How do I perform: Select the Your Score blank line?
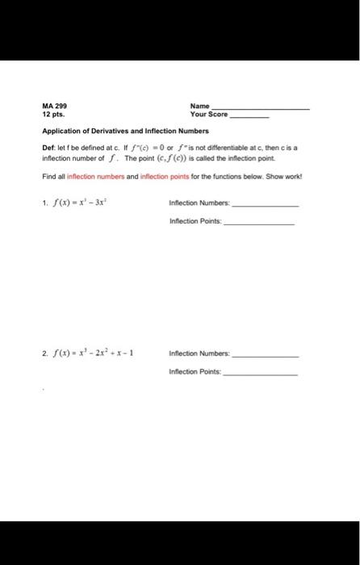pyautogui.click(x=249, y=117)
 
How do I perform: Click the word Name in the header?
pyautogui.click(x=199, y=107)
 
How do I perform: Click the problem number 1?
pyautogui.click(x=44, y=203)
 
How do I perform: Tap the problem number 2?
pyautogui.click(x=44, y=353)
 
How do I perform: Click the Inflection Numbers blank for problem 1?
pyautogui.click(x=264, y=205)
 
